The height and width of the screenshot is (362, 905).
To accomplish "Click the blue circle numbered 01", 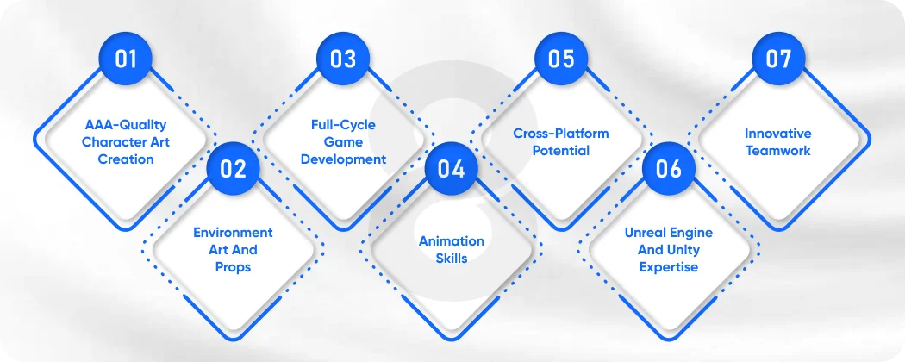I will point(126,59).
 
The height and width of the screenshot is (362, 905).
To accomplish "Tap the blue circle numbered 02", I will point(234,169).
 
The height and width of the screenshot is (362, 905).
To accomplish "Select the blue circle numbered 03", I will point(343,59).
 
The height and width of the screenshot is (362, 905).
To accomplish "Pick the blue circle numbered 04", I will point(451,169).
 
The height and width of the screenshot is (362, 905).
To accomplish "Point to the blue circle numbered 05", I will point(560,59).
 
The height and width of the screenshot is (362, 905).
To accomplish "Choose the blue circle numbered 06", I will point(669,169).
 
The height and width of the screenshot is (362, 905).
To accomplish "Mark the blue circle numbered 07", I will point(777,59).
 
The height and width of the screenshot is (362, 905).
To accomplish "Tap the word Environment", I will point(233,233).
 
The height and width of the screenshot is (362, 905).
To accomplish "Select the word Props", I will point(233,267).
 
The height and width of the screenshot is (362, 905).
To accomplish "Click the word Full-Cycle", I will point(343,125).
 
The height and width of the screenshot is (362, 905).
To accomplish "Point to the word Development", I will point(343,159).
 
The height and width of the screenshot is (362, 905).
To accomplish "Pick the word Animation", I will point(452,241).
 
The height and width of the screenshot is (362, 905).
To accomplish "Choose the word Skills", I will point(452,259).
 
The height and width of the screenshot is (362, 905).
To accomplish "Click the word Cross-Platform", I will point(560,134).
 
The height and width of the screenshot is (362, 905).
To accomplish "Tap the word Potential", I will point(560,151).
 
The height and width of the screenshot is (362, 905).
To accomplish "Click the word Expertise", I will point(669,267).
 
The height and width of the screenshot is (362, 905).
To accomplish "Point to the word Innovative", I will point(777,134).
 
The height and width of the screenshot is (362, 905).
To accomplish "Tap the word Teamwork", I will point(777,151).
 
